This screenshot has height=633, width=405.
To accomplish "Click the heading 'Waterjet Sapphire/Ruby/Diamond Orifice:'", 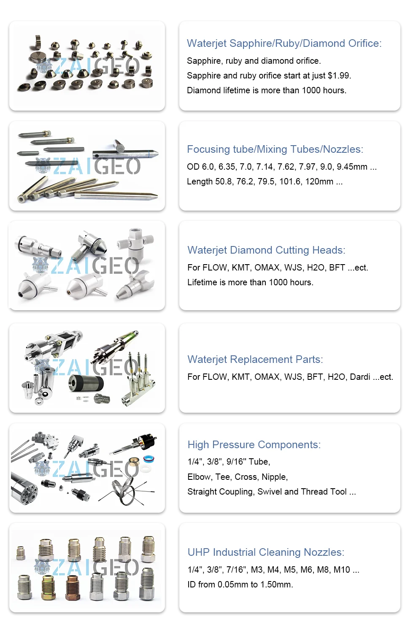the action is (284, 43).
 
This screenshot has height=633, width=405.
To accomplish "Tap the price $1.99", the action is (339, 76).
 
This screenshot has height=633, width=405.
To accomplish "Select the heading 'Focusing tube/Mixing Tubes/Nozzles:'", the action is (275, 149).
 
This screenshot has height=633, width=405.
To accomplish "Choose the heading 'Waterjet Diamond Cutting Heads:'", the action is (266, 250).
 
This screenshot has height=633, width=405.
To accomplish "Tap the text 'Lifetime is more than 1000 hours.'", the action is (250, 282).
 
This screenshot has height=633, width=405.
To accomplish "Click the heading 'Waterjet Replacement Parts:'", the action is (255, 360).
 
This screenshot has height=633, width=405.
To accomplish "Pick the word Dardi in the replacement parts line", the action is (360, 377).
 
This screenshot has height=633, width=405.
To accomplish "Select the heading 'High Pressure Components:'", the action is (254, 445).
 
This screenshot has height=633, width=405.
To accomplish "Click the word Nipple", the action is (275, 477).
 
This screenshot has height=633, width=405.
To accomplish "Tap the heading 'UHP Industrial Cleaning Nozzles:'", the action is (266, 552).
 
